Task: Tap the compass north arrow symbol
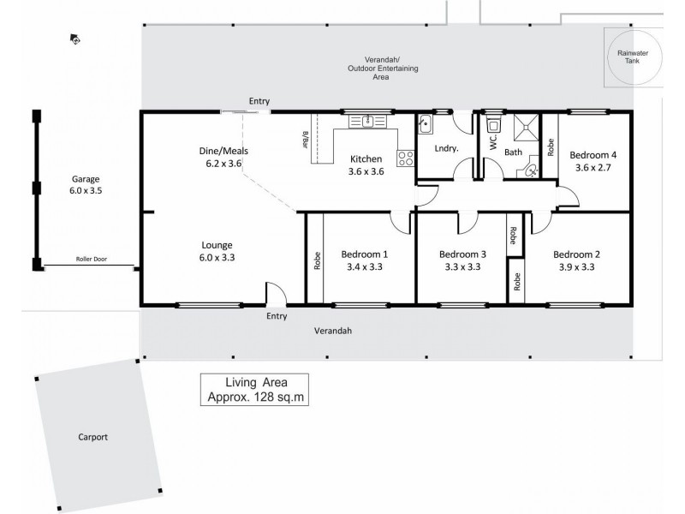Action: coord(75,39)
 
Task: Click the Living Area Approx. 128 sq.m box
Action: coord(254,389)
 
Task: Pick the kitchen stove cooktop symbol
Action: coord(405,158)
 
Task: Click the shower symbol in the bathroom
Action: coord(524,128)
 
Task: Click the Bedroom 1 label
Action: coord(365,254)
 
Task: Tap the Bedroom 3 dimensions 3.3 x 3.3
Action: coord(462,266)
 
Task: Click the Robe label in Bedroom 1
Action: coord(317,260)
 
